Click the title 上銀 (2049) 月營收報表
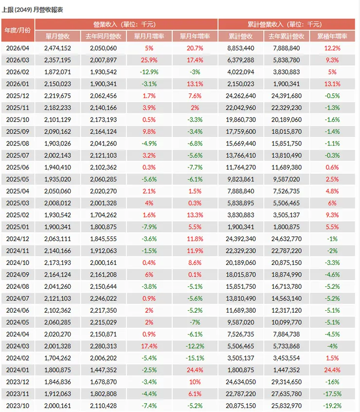click(33, 10)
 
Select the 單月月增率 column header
click(149, 36)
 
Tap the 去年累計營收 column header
click(286, 36)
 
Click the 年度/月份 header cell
click(18, 30)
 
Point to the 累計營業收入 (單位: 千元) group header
click(287, 24)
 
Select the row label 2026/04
click(18, 48)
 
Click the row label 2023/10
click(18, 406)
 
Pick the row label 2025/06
click(18, 168)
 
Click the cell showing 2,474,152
click(57, 48)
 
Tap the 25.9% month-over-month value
click(149, 60)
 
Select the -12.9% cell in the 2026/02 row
click(149, 72)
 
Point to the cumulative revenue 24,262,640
click(241, 96)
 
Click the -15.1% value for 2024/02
click(195, 358)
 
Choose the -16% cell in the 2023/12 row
click(332, 382)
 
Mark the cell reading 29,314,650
click(286, 382)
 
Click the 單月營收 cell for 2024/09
click(57, 275)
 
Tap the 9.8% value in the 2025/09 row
click(149, 131)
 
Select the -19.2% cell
click(332, 406)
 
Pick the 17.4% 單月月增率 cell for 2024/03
click(149, 346)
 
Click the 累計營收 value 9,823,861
click(241, 179)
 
